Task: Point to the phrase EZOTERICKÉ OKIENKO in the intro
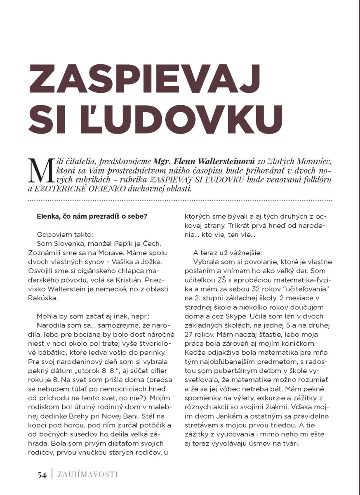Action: (80, 189)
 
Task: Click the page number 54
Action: (42, 475)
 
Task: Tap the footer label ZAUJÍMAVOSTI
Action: (87, 475)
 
